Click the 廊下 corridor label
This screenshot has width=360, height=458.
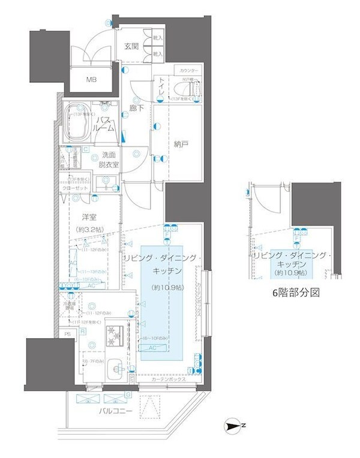(137, 108)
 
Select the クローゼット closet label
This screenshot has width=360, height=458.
(75, 188)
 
